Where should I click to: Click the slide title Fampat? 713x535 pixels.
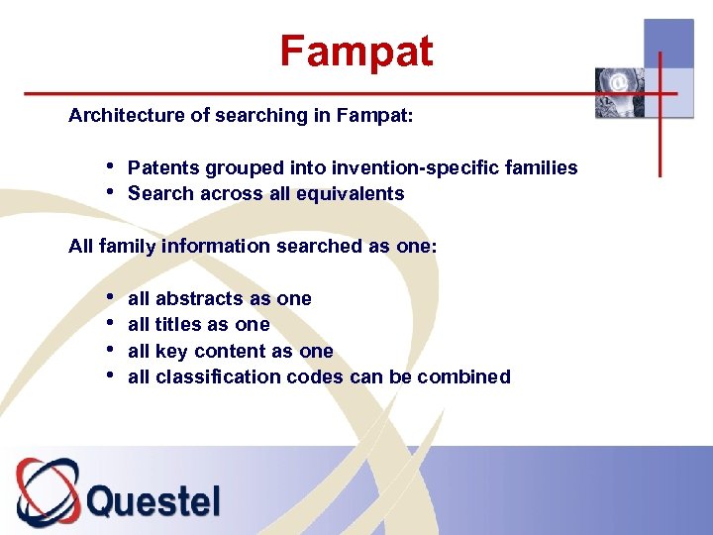click(356, 51)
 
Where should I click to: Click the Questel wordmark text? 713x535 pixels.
click(153, 499)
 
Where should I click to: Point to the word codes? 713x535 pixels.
click(314, 376)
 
